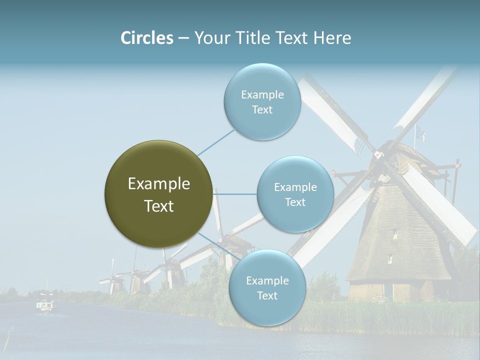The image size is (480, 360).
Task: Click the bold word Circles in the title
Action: point(147,38)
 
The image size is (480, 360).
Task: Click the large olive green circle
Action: point(158,194)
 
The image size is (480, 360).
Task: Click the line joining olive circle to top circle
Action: point(216,142)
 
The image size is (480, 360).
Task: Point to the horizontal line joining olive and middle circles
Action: point(234,194)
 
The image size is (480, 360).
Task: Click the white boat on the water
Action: point(45,304)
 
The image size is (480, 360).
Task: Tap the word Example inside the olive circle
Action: point(158,184)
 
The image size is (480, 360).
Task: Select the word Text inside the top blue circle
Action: point(262,110)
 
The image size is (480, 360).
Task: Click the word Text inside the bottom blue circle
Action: point(267,296)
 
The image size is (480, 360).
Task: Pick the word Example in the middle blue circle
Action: point(295,187)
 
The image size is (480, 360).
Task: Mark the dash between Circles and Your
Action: point(183,38)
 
